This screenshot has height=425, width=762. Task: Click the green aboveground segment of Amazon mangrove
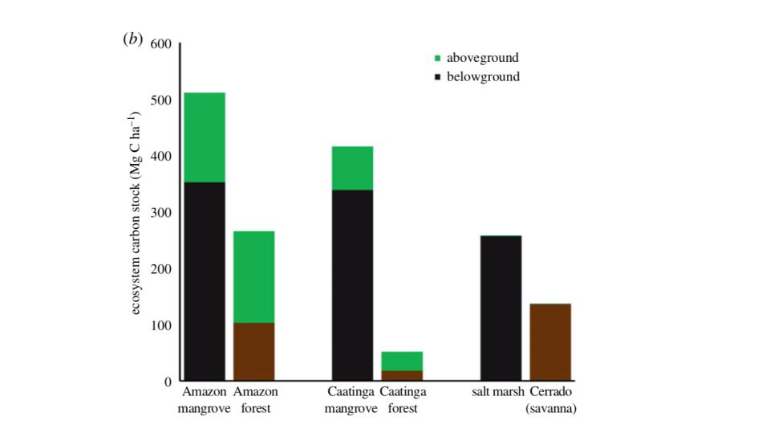[x=205, y=137]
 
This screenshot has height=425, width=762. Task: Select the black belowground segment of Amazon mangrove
[x=205, y=281]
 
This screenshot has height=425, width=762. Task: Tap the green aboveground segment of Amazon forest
[x=254, y=277]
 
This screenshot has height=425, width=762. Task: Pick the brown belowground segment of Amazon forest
[x=254, y=352]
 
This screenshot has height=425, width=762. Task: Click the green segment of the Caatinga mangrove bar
[x=353, y=168]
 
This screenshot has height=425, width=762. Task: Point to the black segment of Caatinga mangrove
[x=353, y=285]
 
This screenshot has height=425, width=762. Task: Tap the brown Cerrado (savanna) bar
[x=550, y=342]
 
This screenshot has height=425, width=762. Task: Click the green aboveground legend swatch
[x=437, y=58]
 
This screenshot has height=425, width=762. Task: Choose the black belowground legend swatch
[x=437, y=77]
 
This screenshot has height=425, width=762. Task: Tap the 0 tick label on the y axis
[x=168, y=382]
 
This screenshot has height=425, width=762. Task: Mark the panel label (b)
[x=132, y=40]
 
